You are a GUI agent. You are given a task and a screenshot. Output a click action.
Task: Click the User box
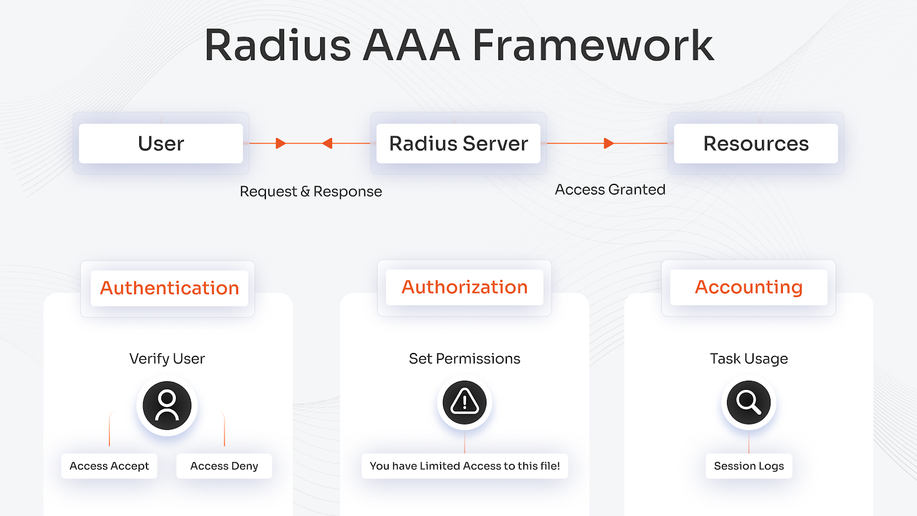click(x=161, y=144)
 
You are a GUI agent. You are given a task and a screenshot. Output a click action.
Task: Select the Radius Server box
click(x=458, y=144)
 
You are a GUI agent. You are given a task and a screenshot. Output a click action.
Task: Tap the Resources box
click(x=756, y=144)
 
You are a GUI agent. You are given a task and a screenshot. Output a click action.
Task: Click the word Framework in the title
click(x=593, y=45)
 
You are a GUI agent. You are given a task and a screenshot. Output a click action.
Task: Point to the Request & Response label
click(x=311, y=192)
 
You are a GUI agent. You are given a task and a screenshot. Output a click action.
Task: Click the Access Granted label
click(x=610, y=190)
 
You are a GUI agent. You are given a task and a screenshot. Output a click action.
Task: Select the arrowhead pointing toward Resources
click(x=609, y=143)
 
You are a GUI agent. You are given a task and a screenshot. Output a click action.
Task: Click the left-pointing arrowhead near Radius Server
click(x=327, y=143)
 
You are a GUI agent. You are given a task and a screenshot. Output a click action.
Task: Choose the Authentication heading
click(x=169, y=288)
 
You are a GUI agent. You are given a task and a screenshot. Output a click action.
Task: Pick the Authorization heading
click(x=464, y=287)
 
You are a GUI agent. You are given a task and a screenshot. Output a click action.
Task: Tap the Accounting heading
click(x=748, y=287)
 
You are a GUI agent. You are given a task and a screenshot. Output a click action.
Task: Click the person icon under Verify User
click(x=167, y=405)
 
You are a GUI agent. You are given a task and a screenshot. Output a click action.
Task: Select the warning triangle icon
click(x=464, y=402)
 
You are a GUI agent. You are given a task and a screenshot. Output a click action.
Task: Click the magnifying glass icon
click(x=748, y=402)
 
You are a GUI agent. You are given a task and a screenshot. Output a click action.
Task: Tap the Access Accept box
click(x=109, y=466)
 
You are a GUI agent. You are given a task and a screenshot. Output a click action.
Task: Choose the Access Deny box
click(x=224, y=466)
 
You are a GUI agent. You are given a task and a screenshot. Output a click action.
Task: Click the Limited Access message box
click(x=464, y=466)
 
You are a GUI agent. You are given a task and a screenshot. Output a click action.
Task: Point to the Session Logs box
click(x=748, y=466)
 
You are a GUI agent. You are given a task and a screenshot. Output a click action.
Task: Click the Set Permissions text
click(x=464, y=359)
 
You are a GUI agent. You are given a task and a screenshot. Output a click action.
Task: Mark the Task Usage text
click(x=748, y=359)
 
